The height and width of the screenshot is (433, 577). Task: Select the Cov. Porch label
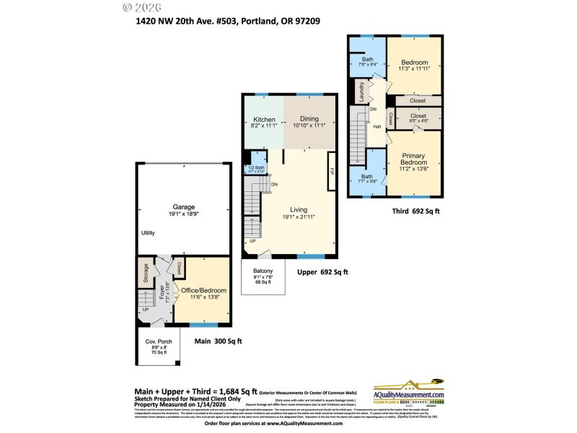coord(159,341)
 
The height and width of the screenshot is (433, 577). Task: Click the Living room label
coord(298,211)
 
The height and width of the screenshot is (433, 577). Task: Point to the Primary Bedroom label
coord(413,158)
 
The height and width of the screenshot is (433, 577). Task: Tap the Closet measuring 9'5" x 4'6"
coord(418,115)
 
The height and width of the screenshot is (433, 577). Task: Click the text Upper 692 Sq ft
coord(322,272)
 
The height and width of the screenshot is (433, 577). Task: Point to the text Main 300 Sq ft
coord(219,341)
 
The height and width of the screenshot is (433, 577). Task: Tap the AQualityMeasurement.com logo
coord(408,393)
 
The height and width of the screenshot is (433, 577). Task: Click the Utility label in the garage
coord(148,233)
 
